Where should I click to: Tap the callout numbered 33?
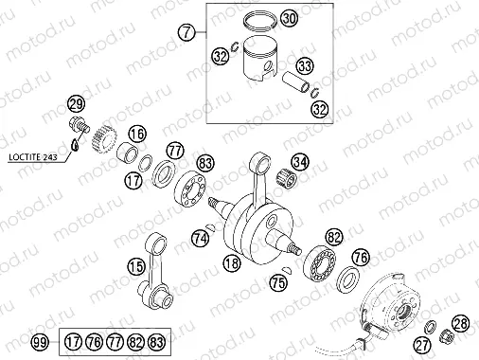(304, 66)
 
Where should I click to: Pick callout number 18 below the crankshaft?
(230, 261)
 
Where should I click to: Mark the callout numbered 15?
(137, 267)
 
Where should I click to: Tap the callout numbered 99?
(40, 341)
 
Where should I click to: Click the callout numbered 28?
(460, 325)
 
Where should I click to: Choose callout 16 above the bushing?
(138, 134)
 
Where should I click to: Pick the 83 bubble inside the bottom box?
(157, 341)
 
